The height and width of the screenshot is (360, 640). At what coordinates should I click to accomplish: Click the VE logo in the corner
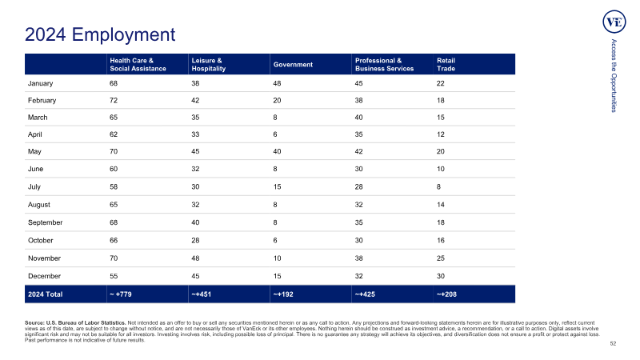tap(614, 22)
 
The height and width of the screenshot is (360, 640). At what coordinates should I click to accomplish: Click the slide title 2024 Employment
tap(100, 34)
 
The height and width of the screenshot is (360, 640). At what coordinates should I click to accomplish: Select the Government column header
tap(293, 65)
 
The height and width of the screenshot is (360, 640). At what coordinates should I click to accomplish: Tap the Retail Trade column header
tap(446, 65)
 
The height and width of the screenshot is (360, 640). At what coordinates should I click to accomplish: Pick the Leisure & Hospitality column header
tap(209, 65)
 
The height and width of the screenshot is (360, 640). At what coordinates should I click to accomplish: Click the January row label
tap(41, 83)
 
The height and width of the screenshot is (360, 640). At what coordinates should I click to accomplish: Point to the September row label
tap(46, 222)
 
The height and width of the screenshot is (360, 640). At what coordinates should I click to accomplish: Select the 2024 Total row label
tap(46, 294)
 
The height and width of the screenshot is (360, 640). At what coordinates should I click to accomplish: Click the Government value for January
tap(277, 83)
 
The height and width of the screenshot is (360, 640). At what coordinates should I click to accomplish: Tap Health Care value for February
tap(114, 101)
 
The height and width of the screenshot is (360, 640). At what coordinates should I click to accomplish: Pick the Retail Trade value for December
tap(441, 276)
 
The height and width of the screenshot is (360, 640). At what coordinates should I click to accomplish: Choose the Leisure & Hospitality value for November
tap(195, 258)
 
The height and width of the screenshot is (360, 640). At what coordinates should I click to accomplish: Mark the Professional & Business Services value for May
tap(358, 151)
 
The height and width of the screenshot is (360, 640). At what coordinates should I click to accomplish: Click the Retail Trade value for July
tap(438, 187)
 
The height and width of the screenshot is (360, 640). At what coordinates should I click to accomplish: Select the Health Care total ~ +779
tap(121, 294)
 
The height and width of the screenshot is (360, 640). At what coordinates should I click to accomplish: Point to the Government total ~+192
tap(283, 294)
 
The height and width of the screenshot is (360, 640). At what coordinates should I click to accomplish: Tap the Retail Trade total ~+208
tap(446, 294)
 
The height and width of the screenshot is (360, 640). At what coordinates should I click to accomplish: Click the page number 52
tap(613, 344)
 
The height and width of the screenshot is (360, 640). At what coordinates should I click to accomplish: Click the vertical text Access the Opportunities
tap(614, 75)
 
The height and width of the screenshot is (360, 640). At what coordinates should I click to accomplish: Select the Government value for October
tap(275, 241)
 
